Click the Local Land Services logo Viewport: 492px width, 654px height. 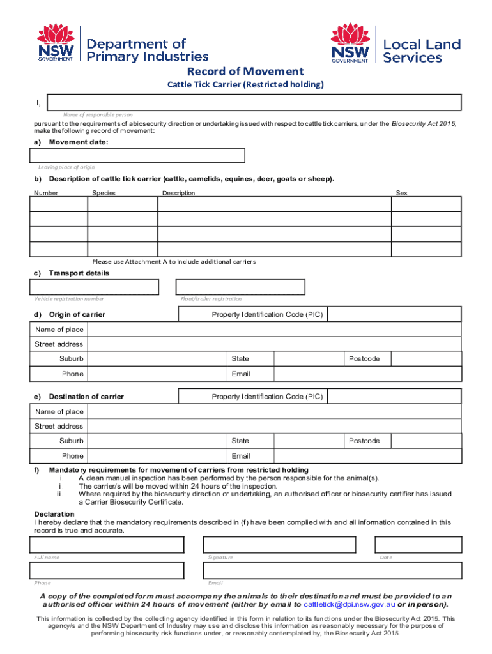click(x=396, y=44)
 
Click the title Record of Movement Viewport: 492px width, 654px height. click(x=245, y=72)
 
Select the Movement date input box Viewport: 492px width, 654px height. click(x=137, y=156)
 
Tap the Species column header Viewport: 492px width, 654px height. click(x=104, y=193)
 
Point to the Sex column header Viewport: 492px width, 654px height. click(x=401, y=193)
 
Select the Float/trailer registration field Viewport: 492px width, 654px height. click(x=240, y=287)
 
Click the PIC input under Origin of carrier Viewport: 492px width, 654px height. click(x=394, y=314)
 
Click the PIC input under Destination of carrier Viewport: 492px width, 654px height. click(x=394, y=396)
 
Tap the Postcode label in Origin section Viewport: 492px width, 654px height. click(x=364, y=359)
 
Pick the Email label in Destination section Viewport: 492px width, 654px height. click(x=241, y=456)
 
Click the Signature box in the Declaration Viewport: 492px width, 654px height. click(x=280, y=545)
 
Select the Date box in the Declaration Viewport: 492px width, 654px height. click(x=418, y=545)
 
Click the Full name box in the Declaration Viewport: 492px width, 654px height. click(x=107, y=545)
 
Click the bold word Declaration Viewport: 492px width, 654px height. click(x=54, y=514)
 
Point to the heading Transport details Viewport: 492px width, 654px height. click(x=79, y=273)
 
